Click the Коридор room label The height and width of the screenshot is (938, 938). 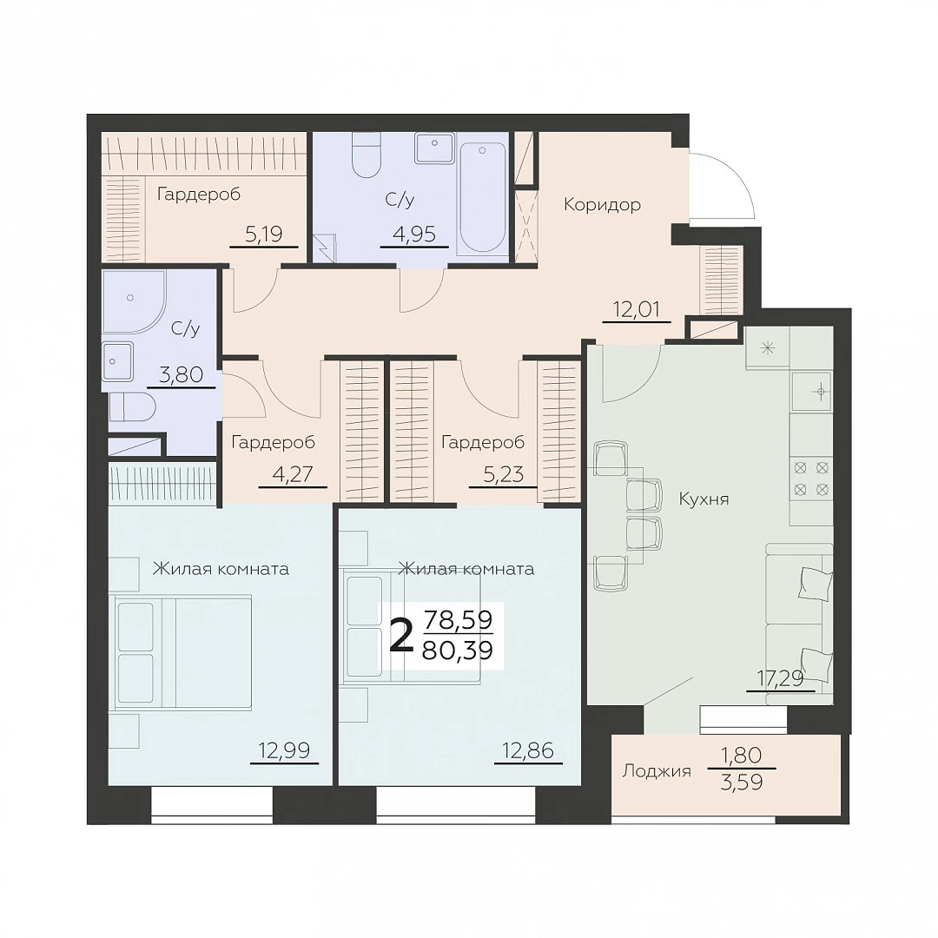tap(602, 205)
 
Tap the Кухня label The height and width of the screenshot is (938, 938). tap(704, 499)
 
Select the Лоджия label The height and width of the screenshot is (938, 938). tap(657, 771)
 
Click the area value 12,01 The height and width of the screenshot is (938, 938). tap(637, 309)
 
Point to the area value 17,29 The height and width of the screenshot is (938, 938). tap(780, 678)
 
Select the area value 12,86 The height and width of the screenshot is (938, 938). tap(528, 750)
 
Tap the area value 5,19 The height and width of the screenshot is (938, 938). tap(264, 234)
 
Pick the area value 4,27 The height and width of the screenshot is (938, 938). tap(293, 474)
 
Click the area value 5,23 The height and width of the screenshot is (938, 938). tap(503, 474)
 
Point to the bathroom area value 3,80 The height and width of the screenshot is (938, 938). tap(182, 375)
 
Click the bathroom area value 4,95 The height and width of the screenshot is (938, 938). tap(414, 234)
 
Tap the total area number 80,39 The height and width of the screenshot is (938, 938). tap(458, 650)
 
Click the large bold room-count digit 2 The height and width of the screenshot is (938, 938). tap(401, 637)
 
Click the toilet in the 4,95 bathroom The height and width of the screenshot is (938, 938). tap(367, 155)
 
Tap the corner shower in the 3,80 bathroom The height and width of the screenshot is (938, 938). tap(134, 303)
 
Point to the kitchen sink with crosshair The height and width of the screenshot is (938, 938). tap(811, 392)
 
